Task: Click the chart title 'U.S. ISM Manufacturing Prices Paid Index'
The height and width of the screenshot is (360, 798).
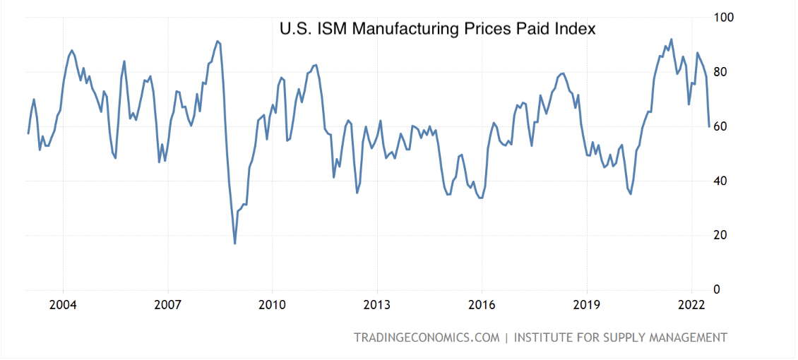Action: (438, 29)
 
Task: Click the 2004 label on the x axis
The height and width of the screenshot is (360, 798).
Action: (63, 305)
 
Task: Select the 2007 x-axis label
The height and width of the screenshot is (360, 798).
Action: (167, 305)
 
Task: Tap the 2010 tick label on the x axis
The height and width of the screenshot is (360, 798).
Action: (272, 305)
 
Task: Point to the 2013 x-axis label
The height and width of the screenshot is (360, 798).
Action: (376, 305)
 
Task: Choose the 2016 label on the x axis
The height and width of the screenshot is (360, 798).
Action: (481, 305)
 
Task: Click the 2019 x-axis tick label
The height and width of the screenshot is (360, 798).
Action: (586, 305)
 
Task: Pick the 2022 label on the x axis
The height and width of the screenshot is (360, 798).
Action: (691, 305)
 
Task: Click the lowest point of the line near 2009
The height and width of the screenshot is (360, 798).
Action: (234, 244)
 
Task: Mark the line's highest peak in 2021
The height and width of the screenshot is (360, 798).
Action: (671, 40)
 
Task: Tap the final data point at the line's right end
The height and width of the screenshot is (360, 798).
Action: (709, 126)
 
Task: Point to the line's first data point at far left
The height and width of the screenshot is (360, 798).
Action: (28, 133)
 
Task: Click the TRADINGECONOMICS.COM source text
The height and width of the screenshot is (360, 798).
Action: (427, 337)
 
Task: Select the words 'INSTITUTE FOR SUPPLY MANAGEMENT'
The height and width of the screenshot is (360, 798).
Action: (620, 337)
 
